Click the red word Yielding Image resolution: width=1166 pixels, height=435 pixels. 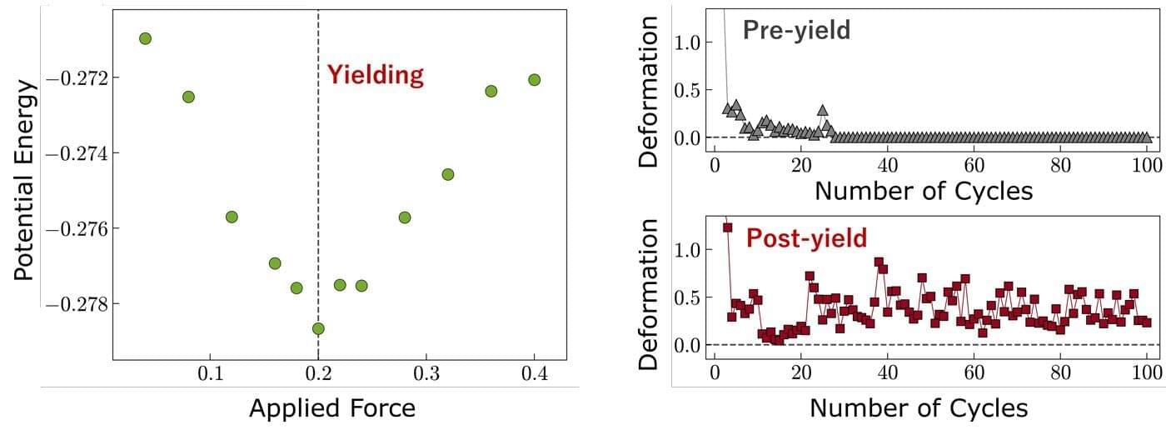pos(375,75)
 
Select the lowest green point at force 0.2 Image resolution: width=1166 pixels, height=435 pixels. pos(318,328)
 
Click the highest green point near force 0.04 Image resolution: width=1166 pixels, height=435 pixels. pos(145,38)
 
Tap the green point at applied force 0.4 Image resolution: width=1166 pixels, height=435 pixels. pos(534,80)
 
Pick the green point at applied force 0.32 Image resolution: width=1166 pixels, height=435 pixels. pos(448,174)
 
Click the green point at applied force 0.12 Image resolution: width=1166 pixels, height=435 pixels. pos(232,217)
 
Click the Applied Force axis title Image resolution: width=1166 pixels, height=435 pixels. pos(331,408)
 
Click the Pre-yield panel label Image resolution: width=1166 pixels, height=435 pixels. pos(796,31)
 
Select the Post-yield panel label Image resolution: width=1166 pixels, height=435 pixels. pos(806,238)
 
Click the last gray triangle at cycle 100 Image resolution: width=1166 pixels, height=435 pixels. pos(1146,137)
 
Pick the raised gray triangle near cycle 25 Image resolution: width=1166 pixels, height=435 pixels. pos(822,110)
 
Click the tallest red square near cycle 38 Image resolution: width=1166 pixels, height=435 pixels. pos(879,262)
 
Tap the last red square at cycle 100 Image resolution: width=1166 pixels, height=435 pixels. pos(1146,322)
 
